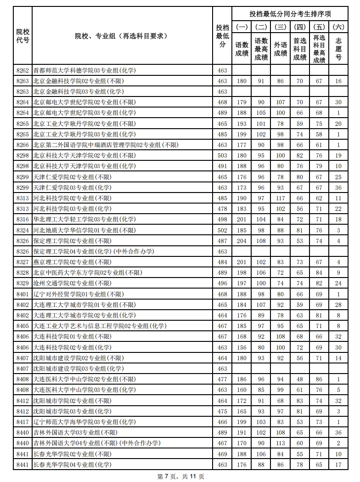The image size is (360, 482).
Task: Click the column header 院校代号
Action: pos(23,36)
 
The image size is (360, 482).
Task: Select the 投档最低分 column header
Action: pos(222,36)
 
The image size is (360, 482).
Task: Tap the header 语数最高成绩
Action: pos(261,49)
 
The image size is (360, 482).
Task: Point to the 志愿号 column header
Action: pos(338,49)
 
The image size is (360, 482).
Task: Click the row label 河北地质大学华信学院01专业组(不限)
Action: pos(84,230)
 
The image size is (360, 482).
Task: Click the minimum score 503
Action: pos(222,156)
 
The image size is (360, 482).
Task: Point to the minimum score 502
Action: pos(222,230)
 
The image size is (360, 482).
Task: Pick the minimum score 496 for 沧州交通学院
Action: pos(222,283)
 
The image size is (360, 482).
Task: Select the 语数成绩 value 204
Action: pos(242,241)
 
